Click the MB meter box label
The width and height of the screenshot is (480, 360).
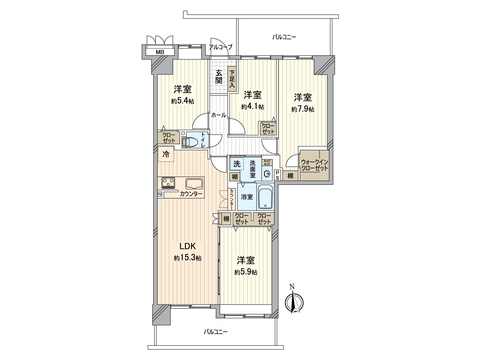point(160,52)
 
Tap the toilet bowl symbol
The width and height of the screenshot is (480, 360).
point(190,142)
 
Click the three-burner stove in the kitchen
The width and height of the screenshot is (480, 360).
point(168,182)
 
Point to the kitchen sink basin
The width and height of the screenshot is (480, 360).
point(194,184)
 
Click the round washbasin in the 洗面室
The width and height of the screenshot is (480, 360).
point(267,174)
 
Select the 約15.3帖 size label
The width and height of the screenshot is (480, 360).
point(187,258)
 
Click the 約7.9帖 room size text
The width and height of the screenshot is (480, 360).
point(303,109)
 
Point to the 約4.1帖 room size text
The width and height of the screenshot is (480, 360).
point(253,107)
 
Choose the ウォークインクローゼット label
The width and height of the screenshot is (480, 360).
point(314,165)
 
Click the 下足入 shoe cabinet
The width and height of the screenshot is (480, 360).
point(232,79)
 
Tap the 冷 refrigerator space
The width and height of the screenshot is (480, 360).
point(166,154)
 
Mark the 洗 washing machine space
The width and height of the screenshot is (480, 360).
point(237,164)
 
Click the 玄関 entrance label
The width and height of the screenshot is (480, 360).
point(219,77)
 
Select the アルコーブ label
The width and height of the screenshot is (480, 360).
point(220,47)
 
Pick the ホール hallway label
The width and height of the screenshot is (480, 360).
point(218,115)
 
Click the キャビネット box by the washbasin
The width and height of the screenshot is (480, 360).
point(267,163)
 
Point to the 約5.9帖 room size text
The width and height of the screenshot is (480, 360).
point(246,272)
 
